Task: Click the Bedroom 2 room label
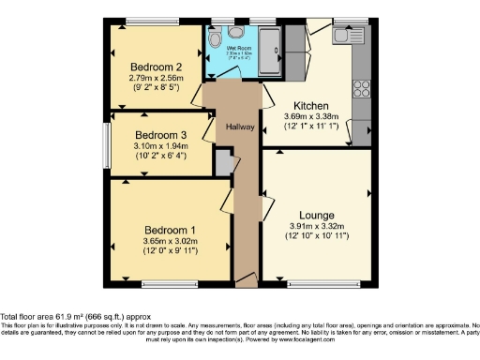point(156,67)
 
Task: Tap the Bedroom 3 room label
point(154,134)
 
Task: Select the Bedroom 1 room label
point(170,230)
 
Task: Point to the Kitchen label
point(310,106)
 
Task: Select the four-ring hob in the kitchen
point(361,88)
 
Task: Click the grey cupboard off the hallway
point(223,164)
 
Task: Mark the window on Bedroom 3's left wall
point(106,142)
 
